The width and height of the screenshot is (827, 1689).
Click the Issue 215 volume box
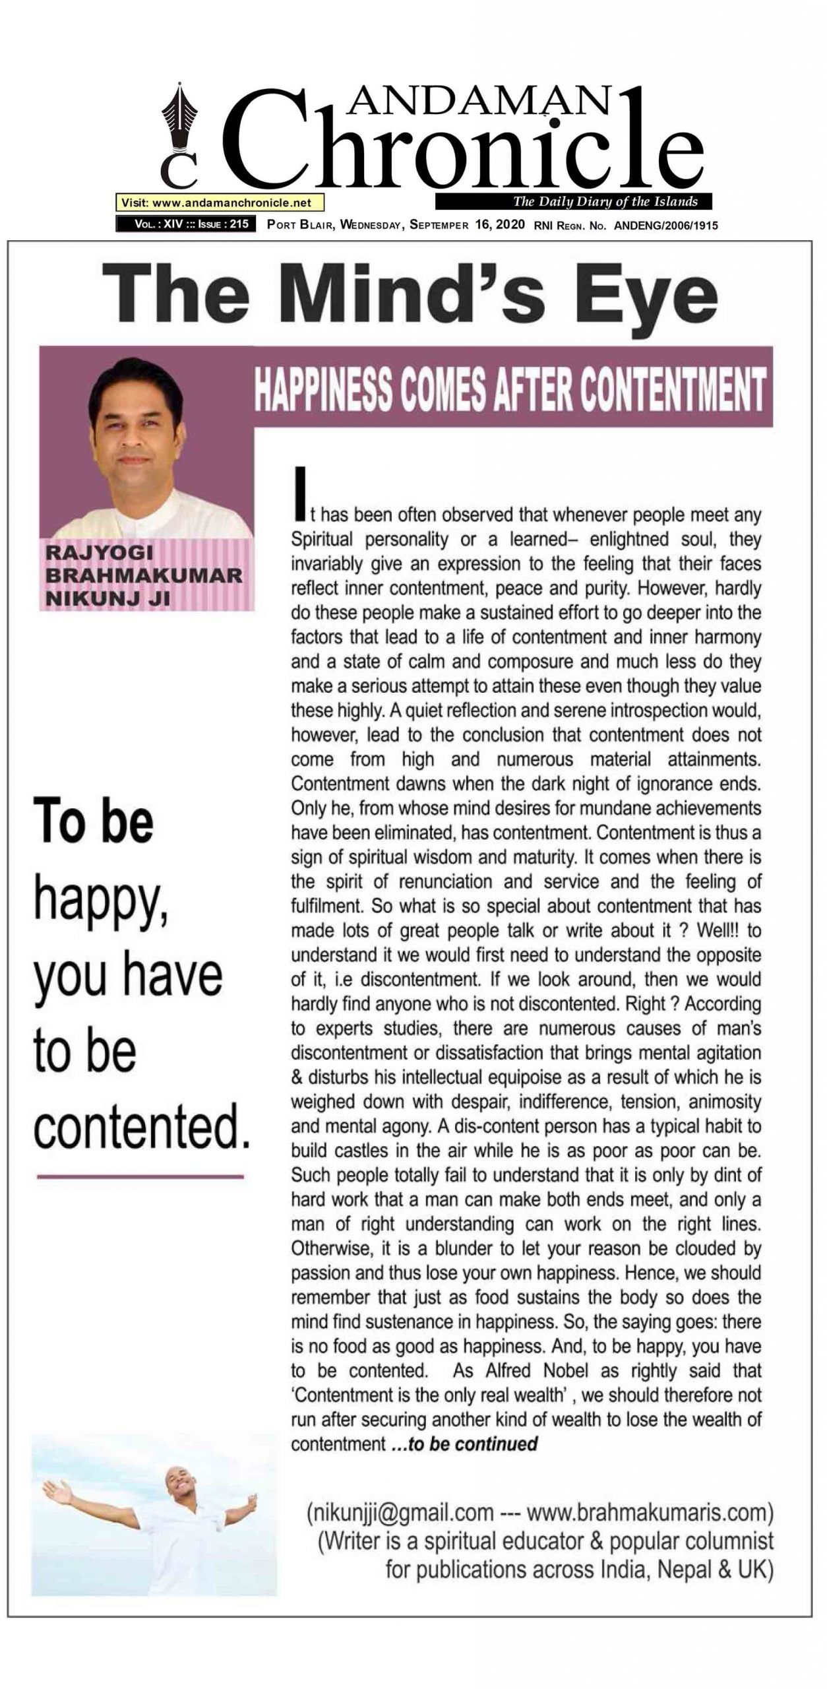coord(186,224)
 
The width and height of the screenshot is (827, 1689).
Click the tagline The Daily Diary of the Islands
coord(605,201)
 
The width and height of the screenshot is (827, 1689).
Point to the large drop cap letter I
coord(301,492)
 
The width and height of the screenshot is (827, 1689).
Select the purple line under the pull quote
coord(140,1176)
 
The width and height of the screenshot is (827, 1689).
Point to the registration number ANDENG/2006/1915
coord(665,225)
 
